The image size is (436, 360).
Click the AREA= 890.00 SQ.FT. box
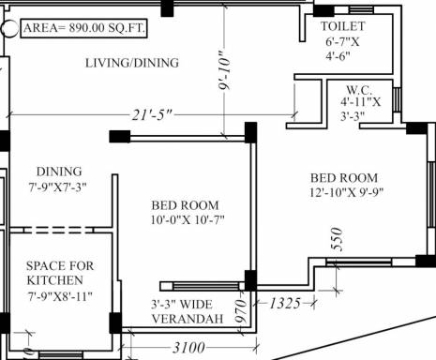(83, 28)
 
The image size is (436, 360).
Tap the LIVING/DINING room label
(132, 63)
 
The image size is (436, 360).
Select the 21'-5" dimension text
(152, 115)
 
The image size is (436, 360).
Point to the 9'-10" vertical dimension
(225, 70)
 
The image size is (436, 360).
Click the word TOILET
(343, 26)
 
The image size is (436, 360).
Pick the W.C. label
(359, 90)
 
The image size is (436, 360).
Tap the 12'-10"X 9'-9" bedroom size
(346, 192)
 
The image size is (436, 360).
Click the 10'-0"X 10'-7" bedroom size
(188, 220)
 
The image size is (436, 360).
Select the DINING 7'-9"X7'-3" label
(58, 179)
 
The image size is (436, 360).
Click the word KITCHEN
(55, 280)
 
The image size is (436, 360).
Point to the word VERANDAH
(188, 319)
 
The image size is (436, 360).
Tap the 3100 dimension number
(188, 348)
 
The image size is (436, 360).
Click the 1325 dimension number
(285, 303)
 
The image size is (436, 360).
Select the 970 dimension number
(241, 311)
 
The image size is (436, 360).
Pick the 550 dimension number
(337, 239)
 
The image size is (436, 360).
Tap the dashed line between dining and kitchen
(58, 231)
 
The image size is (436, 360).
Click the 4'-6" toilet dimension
(338, 56)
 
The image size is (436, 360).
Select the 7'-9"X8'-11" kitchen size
(60, 296)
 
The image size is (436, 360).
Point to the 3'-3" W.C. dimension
(353, 115)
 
